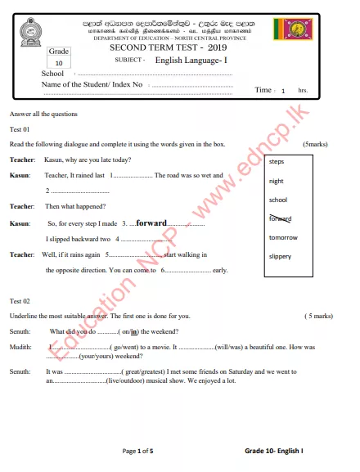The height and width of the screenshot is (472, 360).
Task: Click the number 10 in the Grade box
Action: point(59,63)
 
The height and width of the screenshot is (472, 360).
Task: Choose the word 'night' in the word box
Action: point(277,181)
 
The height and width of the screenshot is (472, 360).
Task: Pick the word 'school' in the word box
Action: point(278,200)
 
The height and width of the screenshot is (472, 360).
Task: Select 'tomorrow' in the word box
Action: point(283,237)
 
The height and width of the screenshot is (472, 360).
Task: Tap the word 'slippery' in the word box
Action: point(281,256)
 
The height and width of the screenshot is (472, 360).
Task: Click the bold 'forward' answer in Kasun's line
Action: point(151,223)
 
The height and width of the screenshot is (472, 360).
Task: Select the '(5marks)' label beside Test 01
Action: point(314,144)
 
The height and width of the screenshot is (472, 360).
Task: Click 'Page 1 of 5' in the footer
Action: point(137,451)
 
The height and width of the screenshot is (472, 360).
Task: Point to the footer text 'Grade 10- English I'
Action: point(274,451)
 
